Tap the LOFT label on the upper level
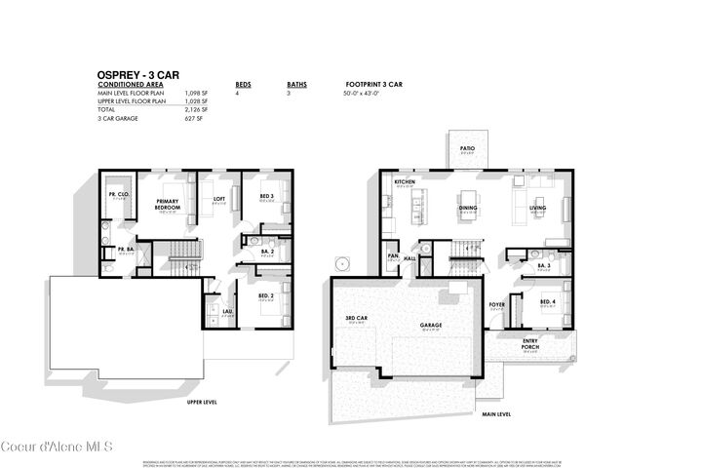point(219,199)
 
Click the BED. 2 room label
point(265,295)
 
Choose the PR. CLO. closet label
point(119,194)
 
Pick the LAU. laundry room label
point(227,312)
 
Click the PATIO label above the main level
point(467,148)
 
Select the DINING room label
point(468,207)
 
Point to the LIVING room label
point(537,207)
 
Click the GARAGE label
point(432,327)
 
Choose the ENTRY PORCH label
point(531,342)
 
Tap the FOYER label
point(497,304)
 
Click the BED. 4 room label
point(548,301)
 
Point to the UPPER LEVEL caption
point(201,401)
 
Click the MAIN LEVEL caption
point(496,413)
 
